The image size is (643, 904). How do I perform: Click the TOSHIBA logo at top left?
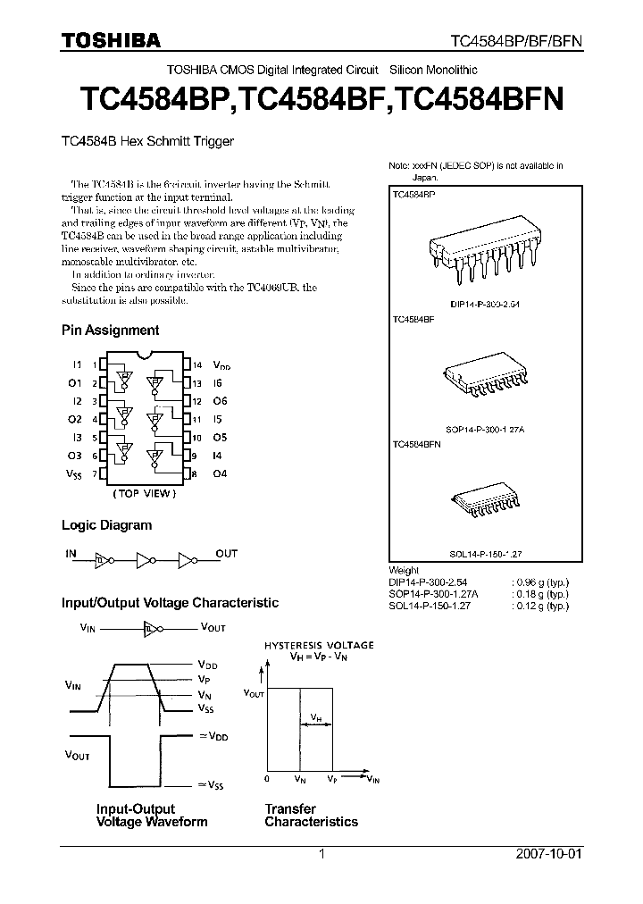click(x=112, y=40)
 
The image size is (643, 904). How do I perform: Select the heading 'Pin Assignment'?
click(x=110, y=330)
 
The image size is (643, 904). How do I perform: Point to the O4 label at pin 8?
click(x=220, y=473)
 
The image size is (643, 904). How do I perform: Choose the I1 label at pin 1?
click(x=77, y=365)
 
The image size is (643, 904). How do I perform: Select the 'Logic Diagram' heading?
click(x=106, y=525)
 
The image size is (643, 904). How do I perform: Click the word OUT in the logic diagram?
click(x=227, y=553)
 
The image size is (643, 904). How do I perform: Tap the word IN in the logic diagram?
click(x=71, y=553)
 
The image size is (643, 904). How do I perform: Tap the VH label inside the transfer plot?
click(x=316, y=717)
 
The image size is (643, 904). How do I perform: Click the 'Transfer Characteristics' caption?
click(x=311, y=815)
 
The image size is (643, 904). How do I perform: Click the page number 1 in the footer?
click(x=321, y=854)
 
